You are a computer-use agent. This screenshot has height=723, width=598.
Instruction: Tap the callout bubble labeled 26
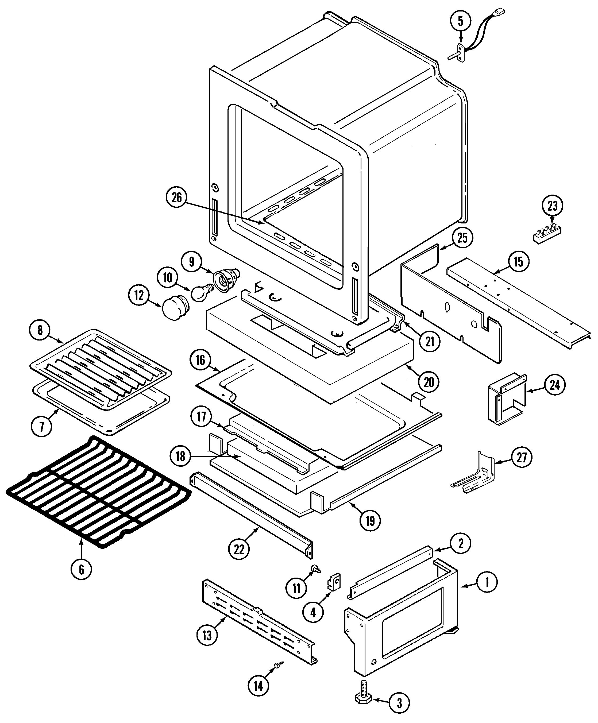coord(176,198)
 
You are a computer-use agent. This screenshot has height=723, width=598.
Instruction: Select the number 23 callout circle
coord(552,206)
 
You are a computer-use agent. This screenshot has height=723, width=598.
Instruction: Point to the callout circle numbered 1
coord(487,582)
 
